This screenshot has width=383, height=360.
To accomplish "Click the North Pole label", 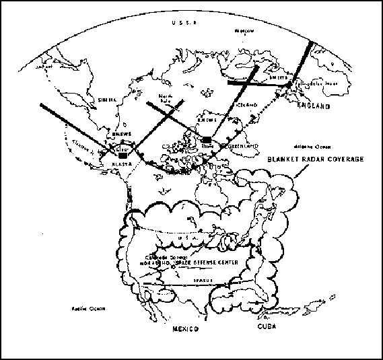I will point(167,98).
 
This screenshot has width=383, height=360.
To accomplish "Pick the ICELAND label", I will point(247,106).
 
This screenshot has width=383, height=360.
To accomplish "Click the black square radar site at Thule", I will point(207,140).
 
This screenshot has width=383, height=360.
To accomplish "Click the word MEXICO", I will point(184,330).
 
